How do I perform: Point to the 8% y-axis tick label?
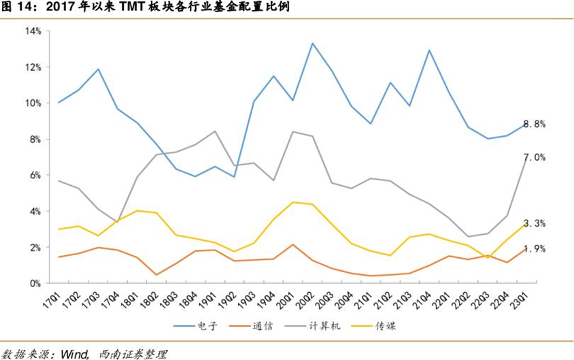pos(35,140)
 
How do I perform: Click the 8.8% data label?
pos(535,124)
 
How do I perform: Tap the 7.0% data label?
pos(535,157)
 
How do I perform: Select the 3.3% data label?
pos(535,223)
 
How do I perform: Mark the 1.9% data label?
pos(535,249)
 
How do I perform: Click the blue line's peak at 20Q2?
pos(312,44)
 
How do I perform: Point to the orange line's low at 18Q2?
pos(137,275)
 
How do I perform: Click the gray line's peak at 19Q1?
pos(215,131)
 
